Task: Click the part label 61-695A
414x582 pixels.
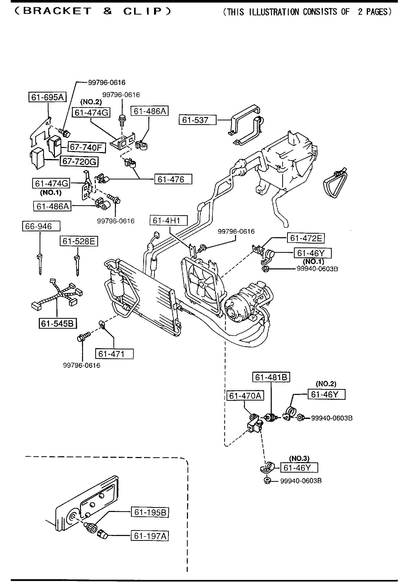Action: point(48,97)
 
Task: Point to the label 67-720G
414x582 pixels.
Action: point(79,162)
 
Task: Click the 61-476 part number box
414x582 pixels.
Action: point(173,179)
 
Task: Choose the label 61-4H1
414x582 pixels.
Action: point(169,220)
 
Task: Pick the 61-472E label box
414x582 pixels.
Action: point(306,238)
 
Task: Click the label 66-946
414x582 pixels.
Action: point(41,226)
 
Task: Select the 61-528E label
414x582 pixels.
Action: point(79,241)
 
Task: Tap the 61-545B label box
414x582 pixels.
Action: point(57,324)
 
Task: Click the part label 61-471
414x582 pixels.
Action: point(114,354)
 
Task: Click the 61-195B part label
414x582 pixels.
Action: point(150,512)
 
